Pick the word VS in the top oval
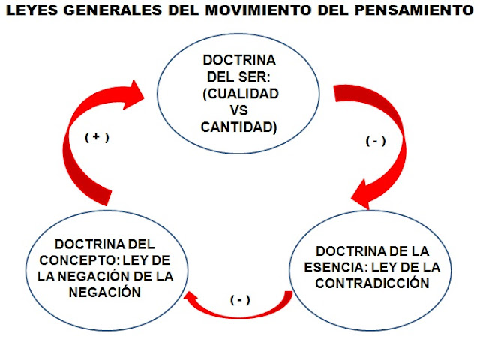(239, 110)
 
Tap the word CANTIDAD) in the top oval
(239, 127)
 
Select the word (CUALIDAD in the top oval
(239, 94)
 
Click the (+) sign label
(97, 139)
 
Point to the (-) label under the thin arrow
(239, 300)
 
